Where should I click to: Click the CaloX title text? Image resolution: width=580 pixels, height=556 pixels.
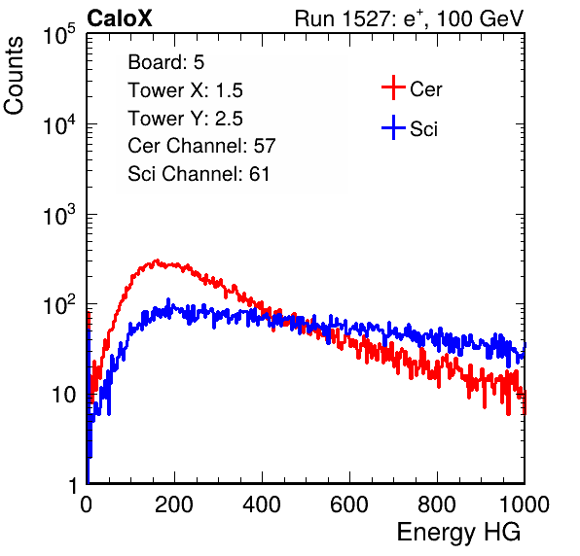pos(120,18)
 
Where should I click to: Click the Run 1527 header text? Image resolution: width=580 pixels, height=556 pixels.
pos(409,18)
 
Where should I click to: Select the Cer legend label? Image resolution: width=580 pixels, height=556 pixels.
pos(425,89)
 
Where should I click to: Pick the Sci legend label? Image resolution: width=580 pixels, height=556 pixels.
pos(423,129)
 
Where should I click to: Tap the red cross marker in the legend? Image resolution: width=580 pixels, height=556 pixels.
pos(393,87)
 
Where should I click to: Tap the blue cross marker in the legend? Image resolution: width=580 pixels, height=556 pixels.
pos(393,127)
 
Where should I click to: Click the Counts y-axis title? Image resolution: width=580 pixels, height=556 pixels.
pos(14,76)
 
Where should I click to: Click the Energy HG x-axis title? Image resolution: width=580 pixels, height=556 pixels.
pos(458,533)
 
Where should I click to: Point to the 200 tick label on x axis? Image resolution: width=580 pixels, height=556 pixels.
pos(174,504)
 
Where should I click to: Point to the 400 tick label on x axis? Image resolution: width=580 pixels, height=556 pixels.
pos(262,504)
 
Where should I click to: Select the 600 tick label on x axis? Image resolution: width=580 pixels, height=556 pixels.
pos(349,504)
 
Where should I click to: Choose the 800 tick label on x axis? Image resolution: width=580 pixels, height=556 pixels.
pos(437,504)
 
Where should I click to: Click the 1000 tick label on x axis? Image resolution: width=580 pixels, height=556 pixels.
pos(525,504)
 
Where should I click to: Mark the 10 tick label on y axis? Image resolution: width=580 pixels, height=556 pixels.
pos(64,395)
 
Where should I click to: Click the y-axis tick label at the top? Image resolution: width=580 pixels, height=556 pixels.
pos(59,34)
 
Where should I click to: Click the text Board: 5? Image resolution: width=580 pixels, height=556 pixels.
pos(166,62)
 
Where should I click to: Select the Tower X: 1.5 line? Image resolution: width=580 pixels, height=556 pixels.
pos(185,90)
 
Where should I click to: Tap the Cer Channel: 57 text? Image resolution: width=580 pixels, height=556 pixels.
pos(201,146)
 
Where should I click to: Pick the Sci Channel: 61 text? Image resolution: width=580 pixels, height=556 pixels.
pos(199,174)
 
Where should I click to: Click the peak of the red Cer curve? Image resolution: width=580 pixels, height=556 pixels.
pos(157,261)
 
